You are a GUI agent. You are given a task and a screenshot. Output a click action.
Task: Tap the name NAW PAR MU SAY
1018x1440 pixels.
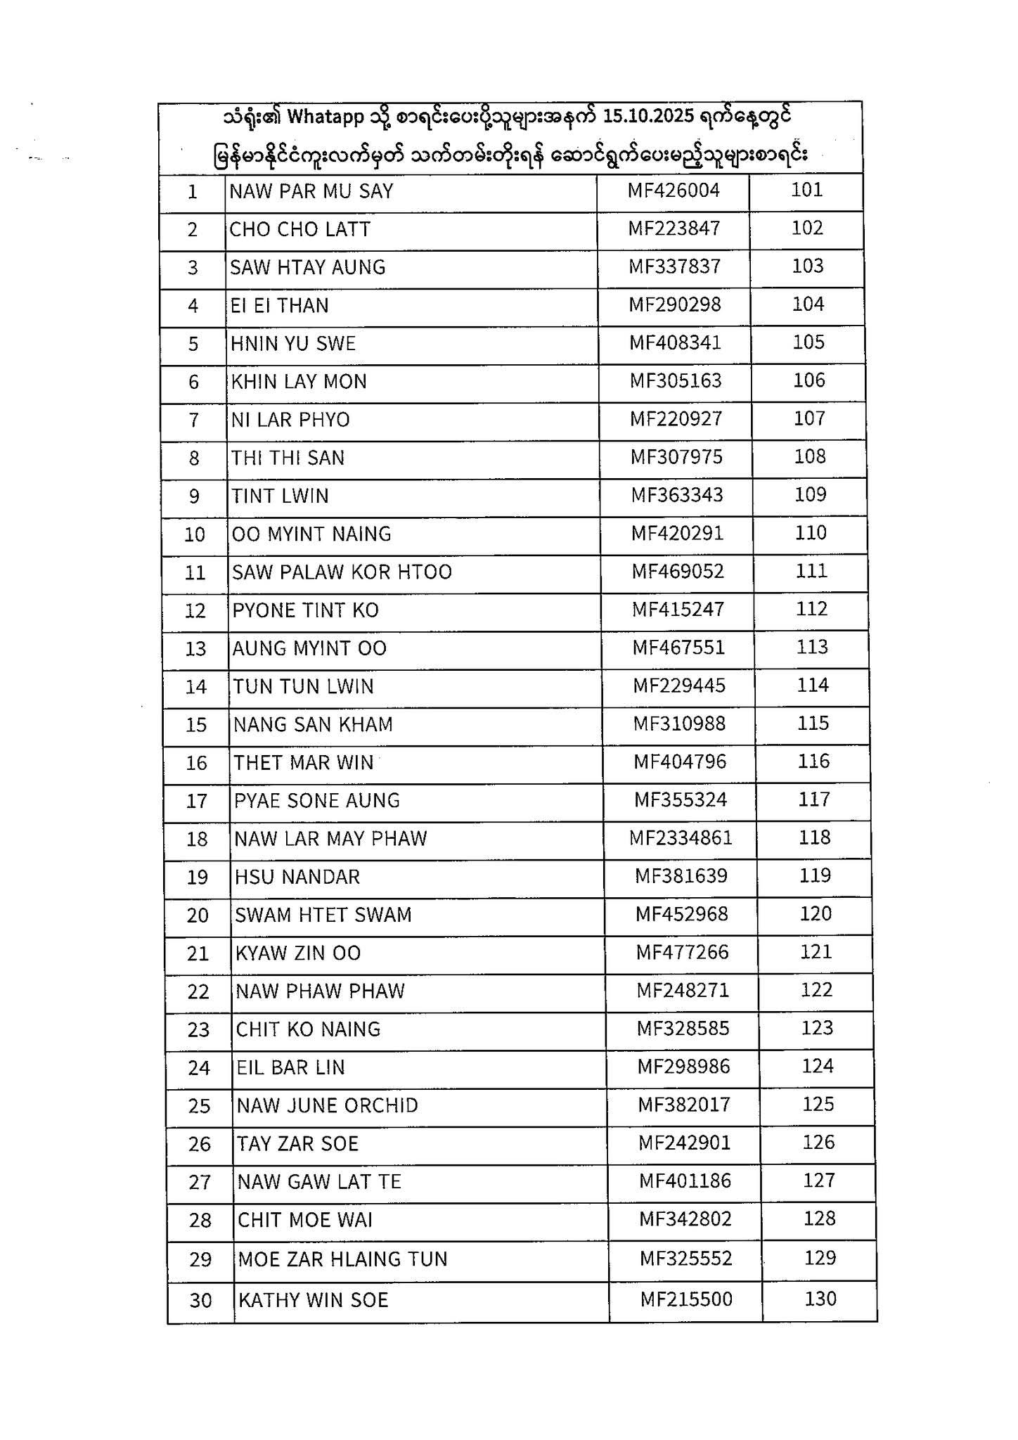coord(311,191)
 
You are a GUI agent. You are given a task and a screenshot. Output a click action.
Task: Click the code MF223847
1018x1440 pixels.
coord(674,229)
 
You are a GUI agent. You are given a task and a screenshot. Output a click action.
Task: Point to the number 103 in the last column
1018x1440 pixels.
coord(807,266)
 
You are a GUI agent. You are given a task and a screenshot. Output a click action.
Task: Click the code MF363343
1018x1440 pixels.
coord(677,495)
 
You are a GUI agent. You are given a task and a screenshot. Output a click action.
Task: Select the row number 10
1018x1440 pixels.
coord(195,534)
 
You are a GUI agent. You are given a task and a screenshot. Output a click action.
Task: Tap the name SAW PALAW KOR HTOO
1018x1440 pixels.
coord(342,572)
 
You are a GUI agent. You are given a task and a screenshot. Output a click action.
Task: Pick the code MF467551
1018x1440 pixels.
coord(678,648)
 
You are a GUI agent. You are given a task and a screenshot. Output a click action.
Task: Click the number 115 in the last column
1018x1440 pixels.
coord(813,724)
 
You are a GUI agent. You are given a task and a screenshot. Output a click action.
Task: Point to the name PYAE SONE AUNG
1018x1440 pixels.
coord(317,801)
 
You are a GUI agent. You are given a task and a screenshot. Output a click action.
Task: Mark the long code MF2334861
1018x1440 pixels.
coord(681,838)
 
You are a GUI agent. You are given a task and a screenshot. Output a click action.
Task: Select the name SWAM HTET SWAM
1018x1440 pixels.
coord(323,915)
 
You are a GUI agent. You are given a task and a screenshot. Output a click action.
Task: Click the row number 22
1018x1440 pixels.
coord(198,992)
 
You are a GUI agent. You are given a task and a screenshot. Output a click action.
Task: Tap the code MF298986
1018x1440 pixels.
coord(684,1067)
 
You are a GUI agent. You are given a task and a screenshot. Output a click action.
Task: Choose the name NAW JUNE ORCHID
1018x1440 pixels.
coord(328,1106)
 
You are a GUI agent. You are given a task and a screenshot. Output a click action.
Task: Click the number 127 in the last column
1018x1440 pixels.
coord(819,1181)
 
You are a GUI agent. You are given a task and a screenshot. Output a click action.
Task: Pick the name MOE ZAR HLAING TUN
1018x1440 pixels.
coord(343,1259)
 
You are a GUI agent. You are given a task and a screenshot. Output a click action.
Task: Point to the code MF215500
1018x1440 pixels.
coord(686,1299)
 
